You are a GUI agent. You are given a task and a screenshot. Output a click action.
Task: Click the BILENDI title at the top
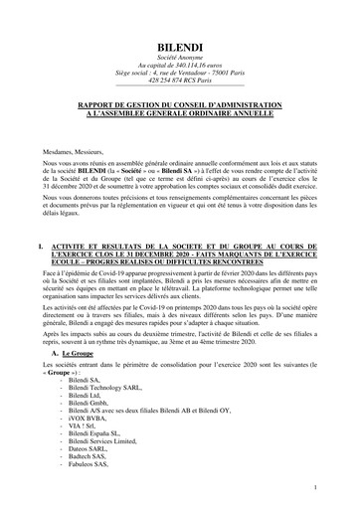(180, 48)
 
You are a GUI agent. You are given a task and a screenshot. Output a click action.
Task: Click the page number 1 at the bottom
(314, 488)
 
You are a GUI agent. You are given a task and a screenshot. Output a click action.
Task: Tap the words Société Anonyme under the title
(180, 61)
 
